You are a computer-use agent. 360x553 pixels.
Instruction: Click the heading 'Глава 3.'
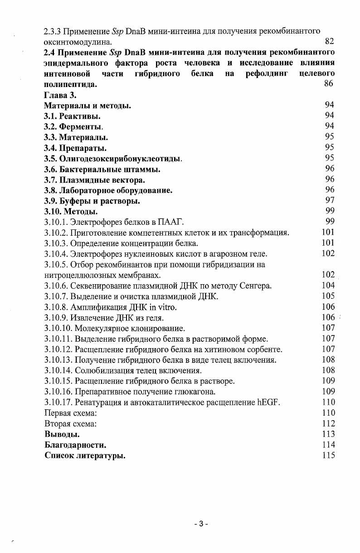coord(61,95)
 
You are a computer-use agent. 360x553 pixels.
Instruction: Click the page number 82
coord(330,42)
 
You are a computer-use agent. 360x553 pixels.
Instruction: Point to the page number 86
coord(330,83)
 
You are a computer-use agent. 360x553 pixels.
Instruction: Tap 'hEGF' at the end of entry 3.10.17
coord(268,402)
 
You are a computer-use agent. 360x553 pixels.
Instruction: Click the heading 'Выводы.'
coord(62,434)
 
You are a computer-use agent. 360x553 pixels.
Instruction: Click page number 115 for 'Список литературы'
coord(328,456)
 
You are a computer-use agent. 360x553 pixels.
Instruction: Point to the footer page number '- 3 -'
coord(199,524)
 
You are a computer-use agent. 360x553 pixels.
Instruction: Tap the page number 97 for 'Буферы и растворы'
coord(330,201)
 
